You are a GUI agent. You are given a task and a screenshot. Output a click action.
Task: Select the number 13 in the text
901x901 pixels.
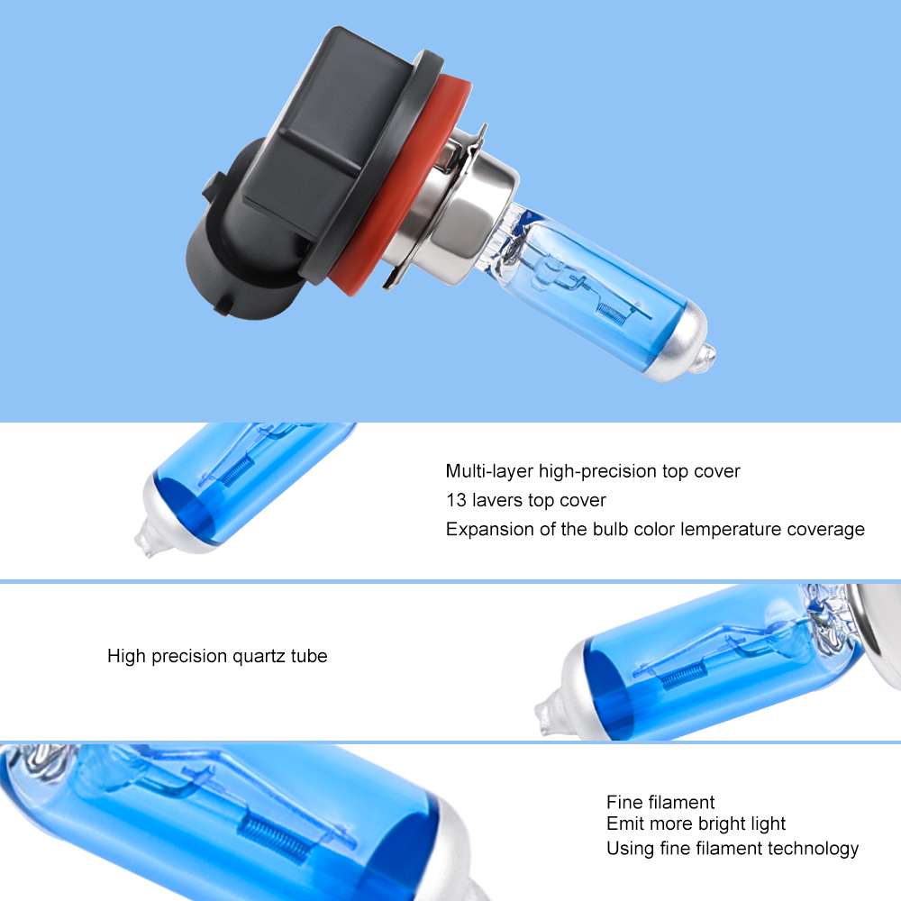click(455, 500)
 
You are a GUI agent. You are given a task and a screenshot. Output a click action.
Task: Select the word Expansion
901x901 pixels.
click(486, 530)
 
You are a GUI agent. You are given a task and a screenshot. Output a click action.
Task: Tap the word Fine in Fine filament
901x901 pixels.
click(623, 802)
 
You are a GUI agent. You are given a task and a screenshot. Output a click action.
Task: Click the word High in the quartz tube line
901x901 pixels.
click(126, 656)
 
